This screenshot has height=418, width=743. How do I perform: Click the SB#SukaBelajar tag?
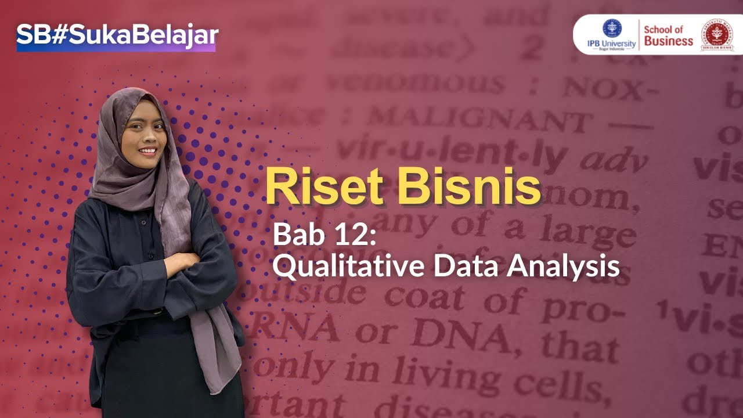click(116, 37)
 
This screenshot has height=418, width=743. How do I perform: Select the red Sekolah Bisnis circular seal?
click(717, 35)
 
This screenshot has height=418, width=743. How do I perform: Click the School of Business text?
click(668, 35)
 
